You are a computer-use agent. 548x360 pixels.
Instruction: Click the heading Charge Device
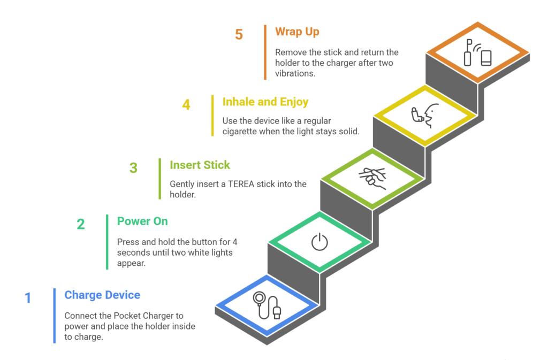click(x=102, y=295)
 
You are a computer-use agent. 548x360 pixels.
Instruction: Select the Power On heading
click(x=142, y=221)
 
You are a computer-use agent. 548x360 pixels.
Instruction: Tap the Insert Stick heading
click(x=200, y=165)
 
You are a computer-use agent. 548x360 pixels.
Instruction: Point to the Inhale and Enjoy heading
click(x=265, y=102)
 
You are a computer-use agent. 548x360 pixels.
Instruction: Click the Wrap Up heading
click(x=297, y=32)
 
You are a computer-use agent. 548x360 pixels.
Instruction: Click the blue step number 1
click(x=28, y=298)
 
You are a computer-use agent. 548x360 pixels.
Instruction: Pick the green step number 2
click(x=81, y=224)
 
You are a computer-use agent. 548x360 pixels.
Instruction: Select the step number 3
click(x=133, y=168)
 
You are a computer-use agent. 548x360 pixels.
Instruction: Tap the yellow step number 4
click(x=186, y=104)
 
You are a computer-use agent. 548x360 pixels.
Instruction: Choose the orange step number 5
click(x=239, y=35)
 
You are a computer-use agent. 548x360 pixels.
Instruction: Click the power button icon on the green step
click(x=319, y=242)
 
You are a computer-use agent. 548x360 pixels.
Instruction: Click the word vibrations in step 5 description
click(x=294, y=73)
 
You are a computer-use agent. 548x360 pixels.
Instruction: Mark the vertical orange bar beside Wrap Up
click(x=265, y=52)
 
